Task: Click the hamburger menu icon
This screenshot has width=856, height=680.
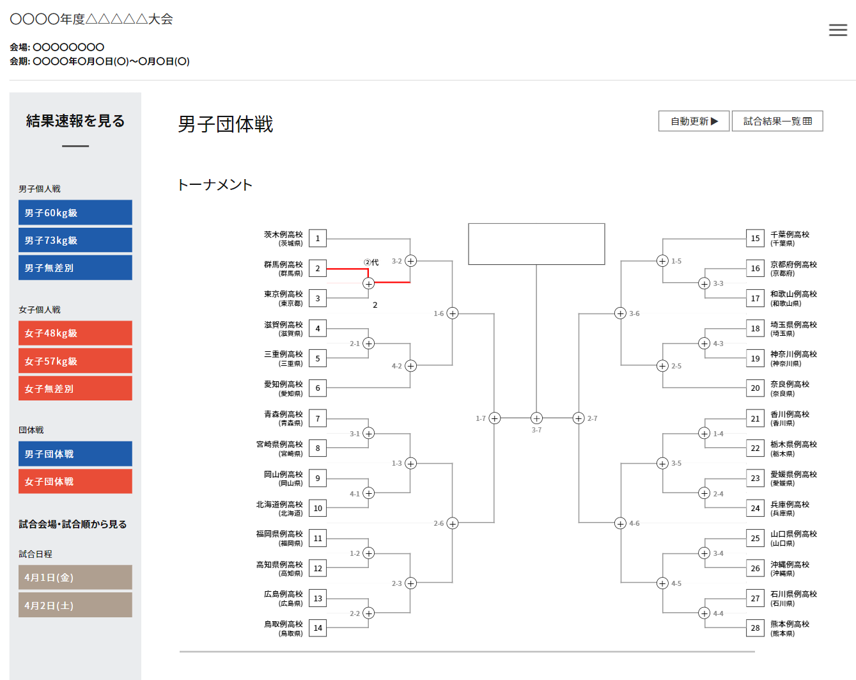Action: [837, 30]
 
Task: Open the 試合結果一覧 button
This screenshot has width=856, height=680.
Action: [777, 121]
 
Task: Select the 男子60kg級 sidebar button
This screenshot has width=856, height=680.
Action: [75, 212]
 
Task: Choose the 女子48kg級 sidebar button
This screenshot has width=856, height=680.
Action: [75, 333]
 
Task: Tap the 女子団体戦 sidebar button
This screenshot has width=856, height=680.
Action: [75, 481]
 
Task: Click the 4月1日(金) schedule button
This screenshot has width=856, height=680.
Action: [75, 577]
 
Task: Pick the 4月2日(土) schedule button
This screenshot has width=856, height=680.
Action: [75, 605]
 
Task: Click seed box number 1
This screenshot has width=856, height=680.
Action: [318, 239]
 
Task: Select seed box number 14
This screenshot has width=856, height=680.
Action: [318, 628]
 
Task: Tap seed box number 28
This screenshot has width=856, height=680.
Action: [755, 628]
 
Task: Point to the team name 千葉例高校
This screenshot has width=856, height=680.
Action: [790, 235]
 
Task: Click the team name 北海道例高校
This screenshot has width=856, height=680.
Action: [279, 505]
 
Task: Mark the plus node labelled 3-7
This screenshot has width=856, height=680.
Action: [536, 418]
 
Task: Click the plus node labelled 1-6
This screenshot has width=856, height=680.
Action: [453, 313]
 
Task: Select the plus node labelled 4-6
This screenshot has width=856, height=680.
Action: [620, 523]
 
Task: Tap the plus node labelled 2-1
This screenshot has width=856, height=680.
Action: [368, 344]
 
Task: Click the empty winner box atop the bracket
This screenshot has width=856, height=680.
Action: [536, 244]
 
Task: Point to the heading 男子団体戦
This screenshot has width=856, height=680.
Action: [225, 123]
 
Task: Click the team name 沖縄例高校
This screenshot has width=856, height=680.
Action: [790, 565]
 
